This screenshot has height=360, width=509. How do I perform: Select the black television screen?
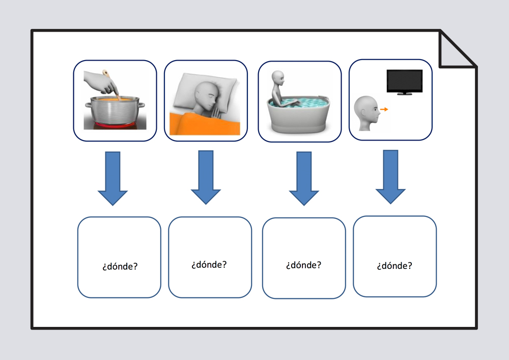404,81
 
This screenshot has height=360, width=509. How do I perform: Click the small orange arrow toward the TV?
384,109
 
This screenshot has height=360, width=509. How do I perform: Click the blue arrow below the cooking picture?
112,178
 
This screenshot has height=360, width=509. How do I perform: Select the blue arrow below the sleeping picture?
206,177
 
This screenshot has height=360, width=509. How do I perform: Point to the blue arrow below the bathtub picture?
304,178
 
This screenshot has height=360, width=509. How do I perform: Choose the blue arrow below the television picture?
390,177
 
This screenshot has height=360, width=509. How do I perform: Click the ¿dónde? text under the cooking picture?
119,266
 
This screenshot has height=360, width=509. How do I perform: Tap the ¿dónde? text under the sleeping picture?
209,265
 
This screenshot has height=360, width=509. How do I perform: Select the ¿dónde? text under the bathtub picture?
303,265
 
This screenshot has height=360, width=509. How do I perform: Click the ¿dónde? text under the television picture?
394,265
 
